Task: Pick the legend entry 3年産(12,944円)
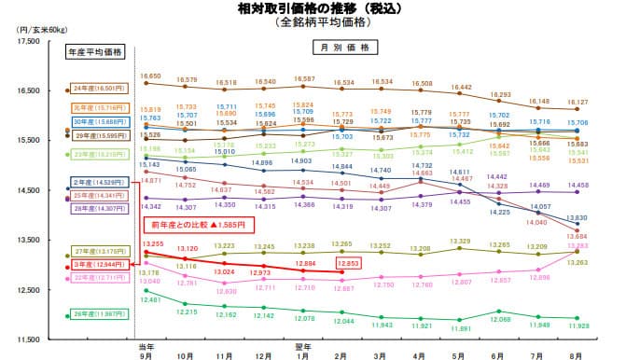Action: pos(94,267)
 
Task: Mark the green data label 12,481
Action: pos(150,300)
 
